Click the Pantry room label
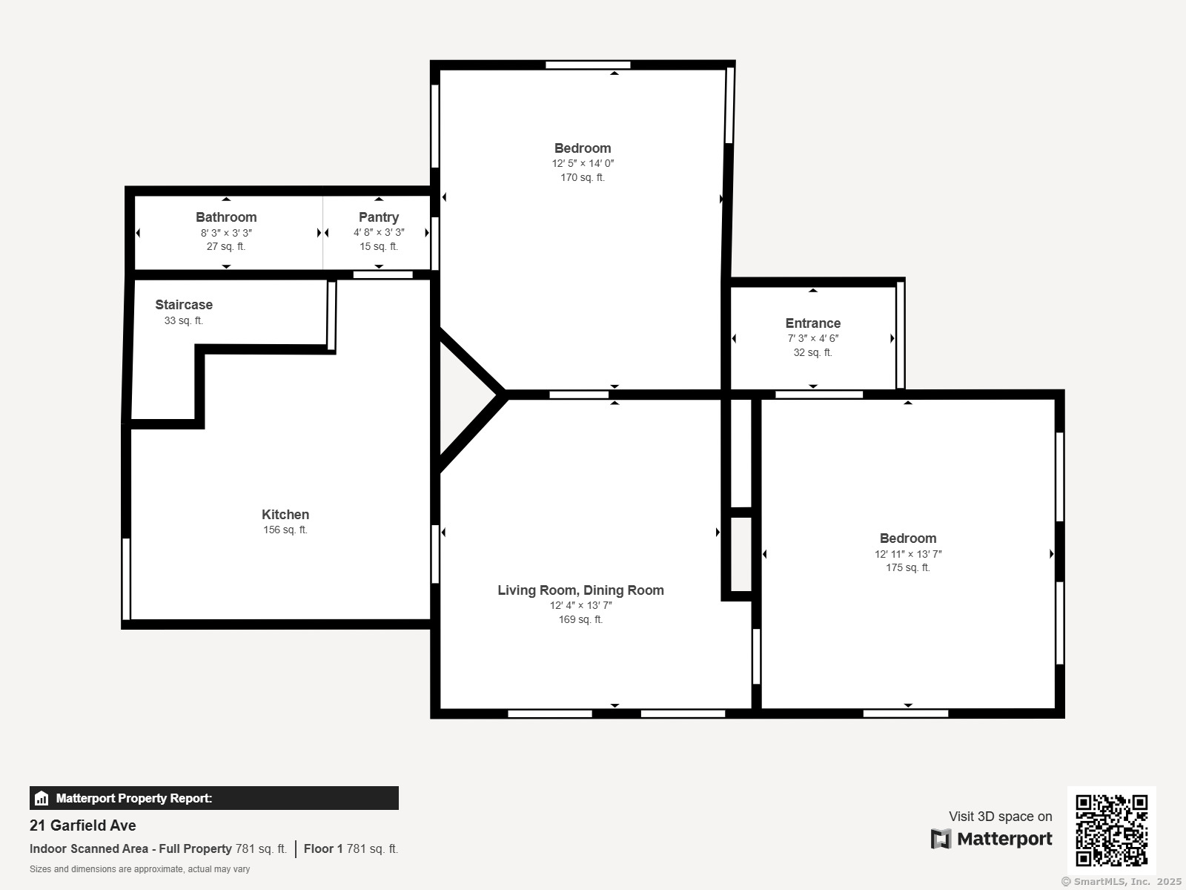point(379,217)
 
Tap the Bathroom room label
point(226,217)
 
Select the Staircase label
point(184,305)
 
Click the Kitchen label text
point(285,515)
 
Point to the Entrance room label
point(812,323)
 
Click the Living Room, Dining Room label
point(581,590)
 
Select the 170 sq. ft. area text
point(583,177)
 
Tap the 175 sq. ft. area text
point(908,567)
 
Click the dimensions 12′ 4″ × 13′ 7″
point(581,605)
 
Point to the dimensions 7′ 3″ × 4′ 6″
point(812,338)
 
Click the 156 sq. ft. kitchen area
point(285,530)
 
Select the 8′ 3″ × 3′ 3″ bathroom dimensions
point(226,233)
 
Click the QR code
point(1111,830)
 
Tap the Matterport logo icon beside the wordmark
point(941,839)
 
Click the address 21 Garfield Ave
point(83,825)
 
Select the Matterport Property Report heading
point(134,798)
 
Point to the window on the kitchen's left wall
point(127,578)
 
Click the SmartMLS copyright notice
point(1122,881)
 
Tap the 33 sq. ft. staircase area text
point(184,320)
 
